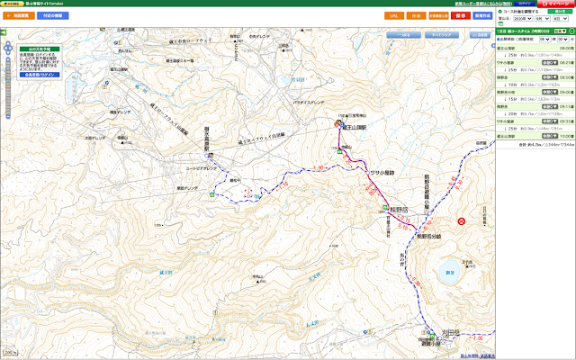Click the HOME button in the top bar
pos(12,4)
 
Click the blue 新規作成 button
pos(481,15)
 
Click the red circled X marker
pos(461,221)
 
